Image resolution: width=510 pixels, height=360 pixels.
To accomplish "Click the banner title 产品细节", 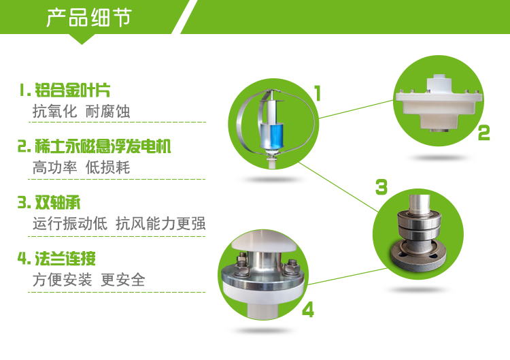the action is (x=89, y=17).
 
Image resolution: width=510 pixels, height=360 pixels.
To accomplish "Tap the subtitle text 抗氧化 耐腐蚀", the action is (x=82, y=112).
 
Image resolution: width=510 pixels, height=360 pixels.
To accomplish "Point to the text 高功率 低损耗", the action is (x=82, y=167).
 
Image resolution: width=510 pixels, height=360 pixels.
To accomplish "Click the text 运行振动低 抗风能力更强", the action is (x=119, y=224).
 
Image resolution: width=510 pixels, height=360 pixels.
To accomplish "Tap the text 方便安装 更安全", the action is (x=89, y=280).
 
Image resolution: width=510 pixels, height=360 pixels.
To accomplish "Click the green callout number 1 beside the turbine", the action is (x=318, y=93).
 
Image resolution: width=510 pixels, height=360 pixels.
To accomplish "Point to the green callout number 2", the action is (x=483, y=133).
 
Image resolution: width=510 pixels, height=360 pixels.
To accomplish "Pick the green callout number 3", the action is (x=381, y=187).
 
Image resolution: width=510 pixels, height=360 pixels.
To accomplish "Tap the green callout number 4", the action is (x=308, y=309).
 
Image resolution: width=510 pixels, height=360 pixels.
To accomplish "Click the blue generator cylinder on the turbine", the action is (x=271, y=135).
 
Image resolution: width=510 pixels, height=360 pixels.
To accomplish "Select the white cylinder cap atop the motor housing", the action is (x=439, y=82).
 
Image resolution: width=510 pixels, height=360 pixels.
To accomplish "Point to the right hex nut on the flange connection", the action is (x=290, y=267).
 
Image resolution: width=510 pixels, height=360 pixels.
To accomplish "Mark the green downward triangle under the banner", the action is (x=82, y=38).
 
